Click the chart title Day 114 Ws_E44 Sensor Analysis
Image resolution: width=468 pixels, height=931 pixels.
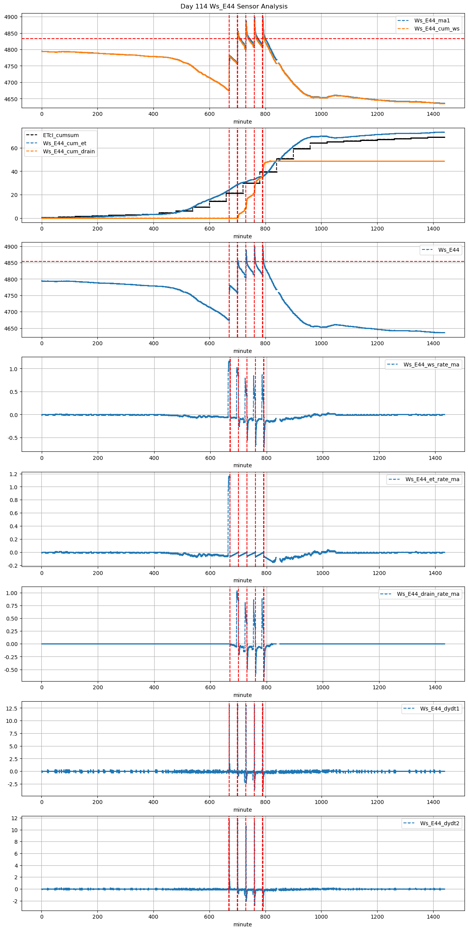[x=234, y=7]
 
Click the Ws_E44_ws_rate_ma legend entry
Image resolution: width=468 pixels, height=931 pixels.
[x=431, y=365]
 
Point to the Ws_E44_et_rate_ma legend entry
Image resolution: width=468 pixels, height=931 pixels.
[x=432, y=479]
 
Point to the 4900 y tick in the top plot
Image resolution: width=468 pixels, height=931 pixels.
[x=11, y=17]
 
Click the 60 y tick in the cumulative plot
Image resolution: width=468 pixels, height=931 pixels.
[x=14, y=148]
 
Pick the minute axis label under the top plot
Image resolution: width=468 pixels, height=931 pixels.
[x=242, y=122]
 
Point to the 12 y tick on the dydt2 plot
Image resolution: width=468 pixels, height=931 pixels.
[x=14, y=818]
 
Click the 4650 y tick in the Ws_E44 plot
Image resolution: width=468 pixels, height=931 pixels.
[x=11, y=329]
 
